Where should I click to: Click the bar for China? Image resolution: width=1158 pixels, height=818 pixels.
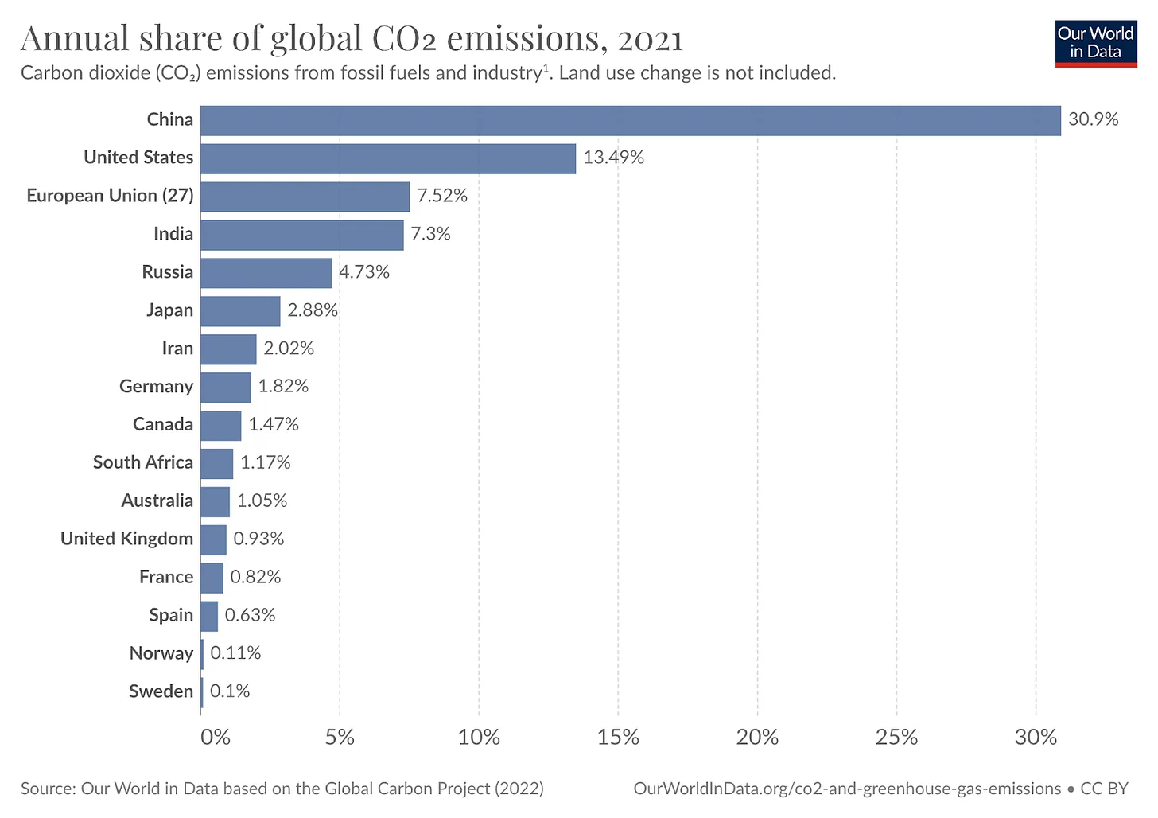(x=630, y=120)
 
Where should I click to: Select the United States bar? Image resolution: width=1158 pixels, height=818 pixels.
(x=387, y=158)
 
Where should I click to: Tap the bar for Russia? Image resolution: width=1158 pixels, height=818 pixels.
(x=266, y=273)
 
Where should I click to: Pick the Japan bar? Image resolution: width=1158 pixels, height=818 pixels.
(x=240, y=311)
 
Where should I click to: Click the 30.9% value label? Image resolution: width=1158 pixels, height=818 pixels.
(x=1093, y=119)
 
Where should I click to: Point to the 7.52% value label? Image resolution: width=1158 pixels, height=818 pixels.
(x=442, y=196)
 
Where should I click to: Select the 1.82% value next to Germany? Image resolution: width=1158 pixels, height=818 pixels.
(x=283, y=387)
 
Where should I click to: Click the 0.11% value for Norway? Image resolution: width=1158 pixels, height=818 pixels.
(x=235, y=653)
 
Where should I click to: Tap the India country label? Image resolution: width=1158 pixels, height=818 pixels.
(x=173, y=234)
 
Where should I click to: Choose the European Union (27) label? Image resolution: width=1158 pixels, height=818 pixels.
(x=110, y=196)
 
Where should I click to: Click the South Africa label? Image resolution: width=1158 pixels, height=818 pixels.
(x=143, y=463)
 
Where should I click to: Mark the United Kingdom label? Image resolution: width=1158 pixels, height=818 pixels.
(x=126, y=539)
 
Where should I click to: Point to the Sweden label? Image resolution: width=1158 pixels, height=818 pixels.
(x=161, y=691)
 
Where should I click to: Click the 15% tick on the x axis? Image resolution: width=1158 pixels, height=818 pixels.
(x=618, y=737)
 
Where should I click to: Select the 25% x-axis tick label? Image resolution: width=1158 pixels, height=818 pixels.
(x=896, y=737)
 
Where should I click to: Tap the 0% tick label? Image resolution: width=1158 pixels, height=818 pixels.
(x=215, y=737)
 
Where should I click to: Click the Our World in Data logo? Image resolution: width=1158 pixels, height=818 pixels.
(x=1095, y=43)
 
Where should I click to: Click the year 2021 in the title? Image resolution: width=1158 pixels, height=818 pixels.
(x=650, y=39)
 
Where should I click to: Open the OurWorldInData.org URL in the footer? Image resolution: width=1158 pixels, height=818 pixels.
(x=847, y=789)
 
